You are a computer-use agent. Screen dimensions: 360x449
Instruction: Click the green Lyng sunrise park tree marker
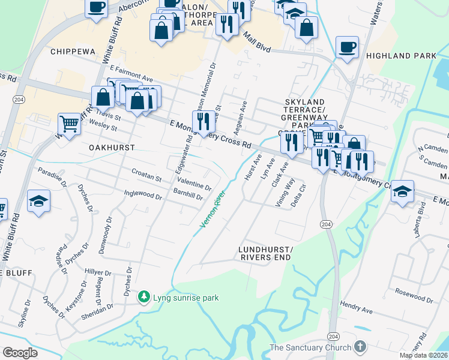(x=144, y=297)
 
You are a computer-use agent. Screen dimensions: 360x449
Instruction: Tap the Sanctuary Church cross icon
(x=360, y=347)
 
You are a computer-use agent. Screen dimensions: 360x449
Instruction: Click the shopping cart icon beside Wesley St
(x=70, y=124)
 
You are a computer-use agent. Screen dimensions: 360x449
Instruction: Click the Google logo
(x=20, y=353)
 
